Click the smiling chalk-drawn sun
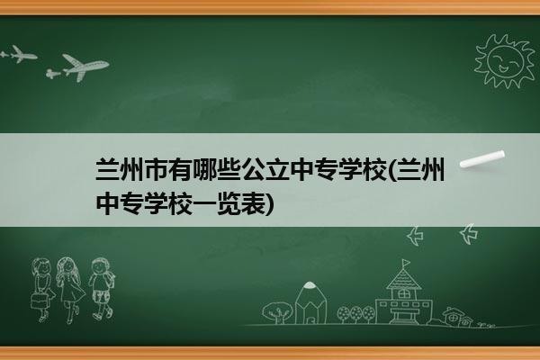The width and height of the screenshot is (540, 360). click(x=504, y=61)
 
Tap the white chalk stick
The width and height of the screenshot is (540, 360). click(x=482, y=159)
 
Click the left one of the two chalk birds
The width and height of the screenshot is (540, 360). click(x=415, y=236)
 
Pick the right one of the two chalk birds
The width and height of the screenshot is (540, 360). click(x=469, y=234)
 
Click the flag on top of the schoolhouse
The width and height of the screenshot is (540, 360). click(x=406, y=263)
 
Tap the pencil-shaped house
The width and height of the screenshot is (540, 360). click(x=310, y=302)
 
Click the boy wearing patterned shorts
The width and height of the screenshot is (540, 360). click(x=101, y=289)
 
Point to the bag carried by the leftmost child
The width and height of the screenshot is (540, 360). click(x=39, y=301)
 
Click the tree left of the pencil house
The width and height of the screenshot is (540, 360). click(x=277, y=312)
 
